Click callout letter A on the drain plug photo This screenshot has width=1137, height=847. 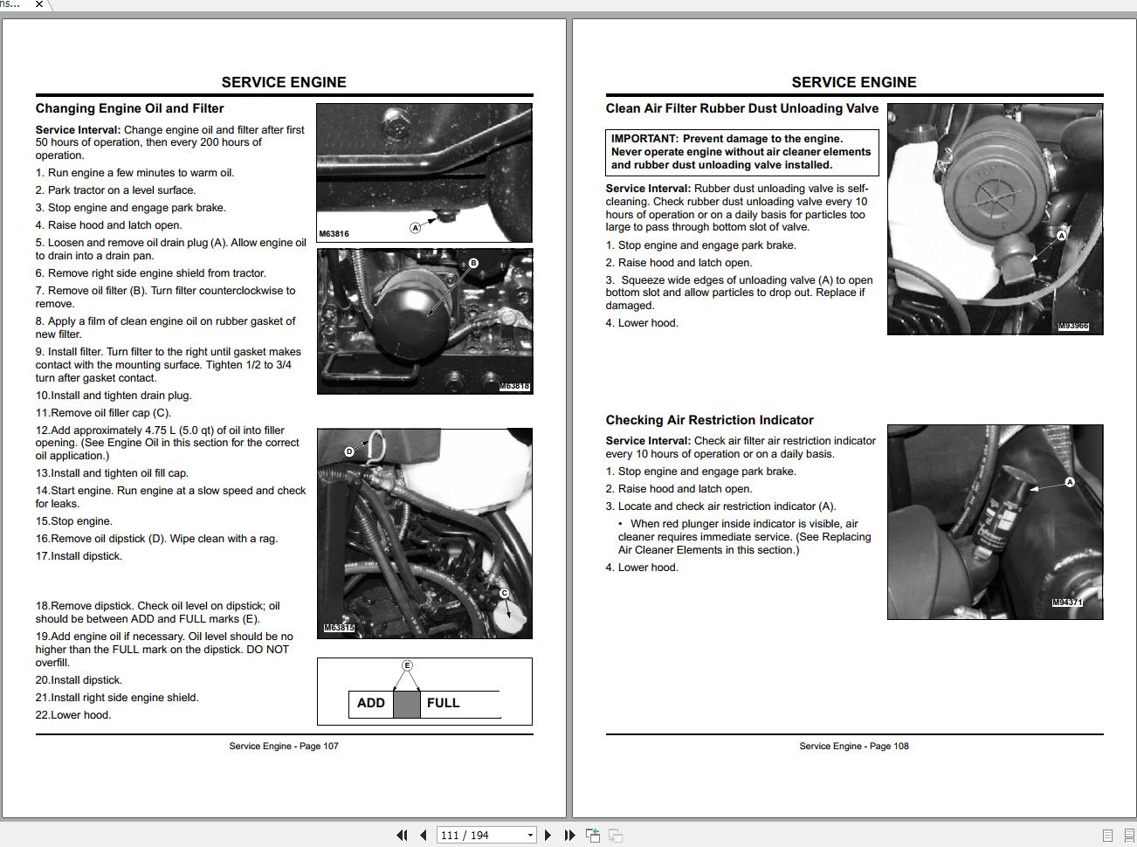[x=415, y=227]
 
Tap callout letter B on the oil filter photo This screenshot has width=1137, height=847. [x=473, y=263]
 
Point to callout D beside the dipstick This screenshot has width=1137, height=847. [x=349, y=451]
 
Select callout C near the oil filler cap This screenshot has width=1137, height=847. [x=504, y=593]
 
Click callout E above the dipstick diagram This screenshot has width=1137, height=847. [x=407, y=665]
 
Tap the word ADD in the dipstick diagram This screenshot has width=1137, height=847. [x=370, y=703]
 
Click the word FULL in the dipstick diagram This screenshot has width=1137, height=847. [x=443, y=703]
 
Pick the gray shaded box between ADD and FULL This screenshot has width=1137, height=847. [x=407, y=704]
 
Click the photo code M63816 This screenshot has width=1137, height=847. [x=334, y=234]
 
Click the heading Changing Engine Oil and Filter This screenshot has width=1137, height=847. [x=129, y=108]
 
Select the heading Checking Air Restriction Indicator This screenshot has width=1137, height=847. [x=709, y=420]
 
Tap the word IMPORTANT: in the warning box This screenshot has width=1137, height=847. [x=644, y=139]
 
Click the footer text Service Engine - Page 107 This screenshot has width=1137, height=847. [x=284, y=746]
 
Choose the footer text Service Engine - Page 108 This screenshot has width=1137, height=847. [x=854, y=746]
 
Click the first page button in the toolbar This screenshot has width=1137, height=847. [x=402, y=836]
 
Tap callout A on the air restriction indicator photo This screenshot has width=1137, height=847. [x=1070, y=482]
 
